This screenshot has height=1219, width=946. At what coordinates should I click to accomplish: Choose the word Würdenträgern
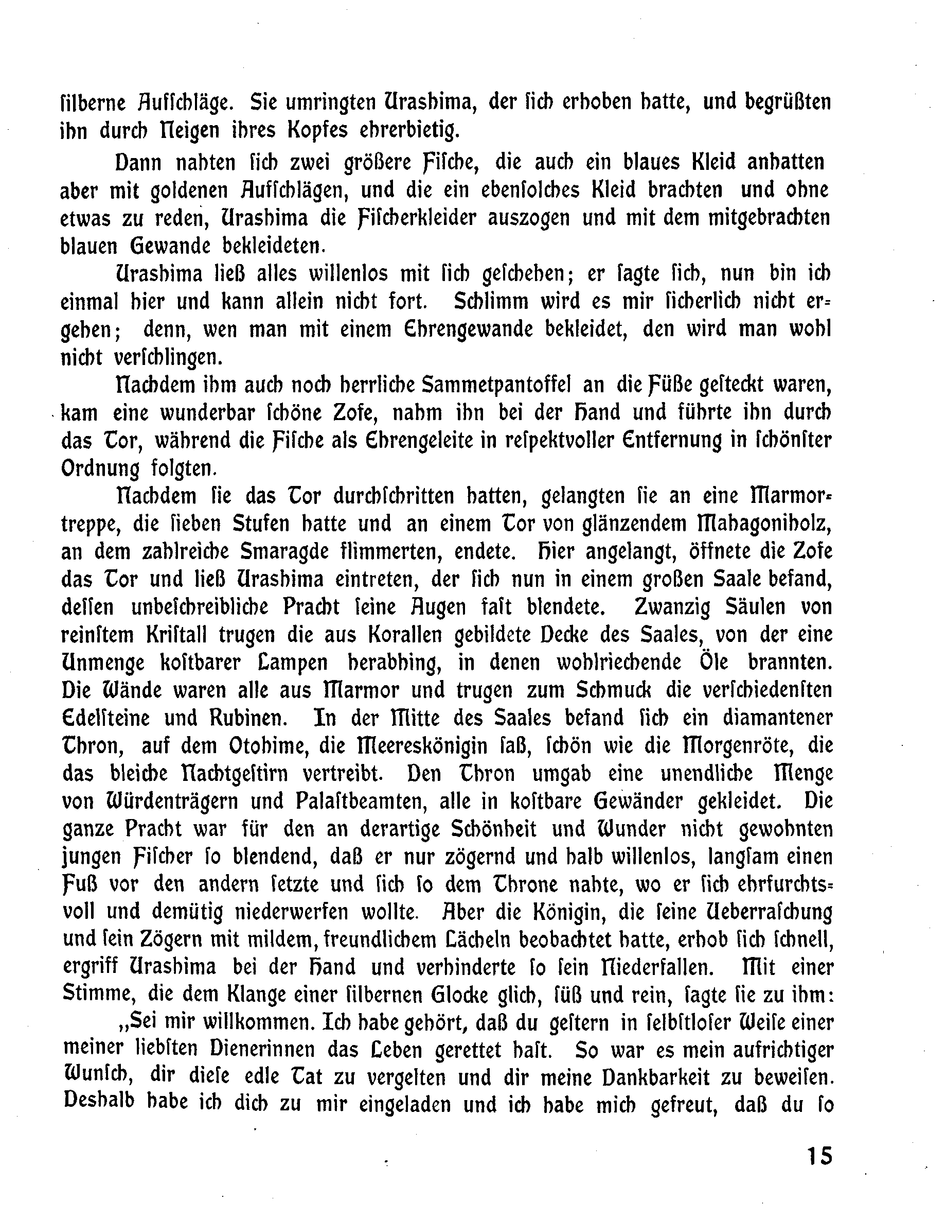click(173, 802)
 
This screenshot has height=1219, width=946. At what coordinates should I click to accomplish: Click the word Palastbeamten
click(343, 802)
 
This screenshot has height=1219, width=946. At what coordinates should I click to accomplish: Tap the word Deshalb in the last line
click(99, 1104)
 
